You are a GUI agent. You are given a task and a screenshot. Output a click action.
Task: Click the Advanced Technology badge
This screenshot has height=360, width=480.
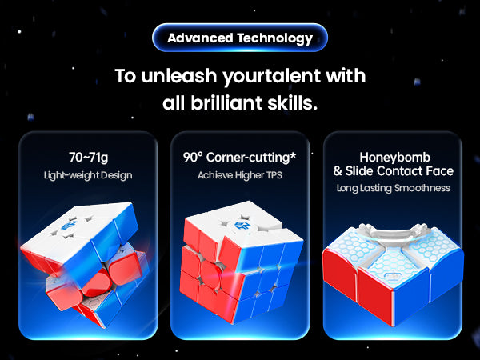pos(240,38)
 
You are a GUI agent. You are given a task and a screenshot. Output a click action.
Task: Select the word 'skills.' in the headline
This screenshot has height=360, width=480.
pos(292,102)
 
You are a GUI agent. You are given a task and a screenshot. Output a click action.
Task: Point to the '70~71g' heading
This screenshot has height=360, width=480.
pos(88,158)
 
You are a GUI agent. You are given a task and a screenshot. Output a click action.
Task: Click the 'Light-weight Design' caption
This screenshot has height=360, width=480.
pos(88,175)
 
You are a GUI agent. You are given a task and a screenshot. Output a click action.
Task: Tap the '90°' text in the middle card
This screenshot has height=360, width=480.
pos(193,158)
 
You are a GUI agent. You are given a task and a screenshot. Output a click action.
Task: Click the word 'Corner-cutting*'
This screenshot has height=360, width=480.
pos(251,158)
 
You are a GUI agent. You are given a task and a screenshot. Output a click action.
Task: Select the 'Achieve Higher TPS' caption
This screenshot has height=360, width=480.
pos(240,175)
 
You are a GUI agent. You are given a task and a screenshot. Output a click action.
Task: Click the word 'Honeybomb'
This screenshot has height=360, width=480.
pos(395,158)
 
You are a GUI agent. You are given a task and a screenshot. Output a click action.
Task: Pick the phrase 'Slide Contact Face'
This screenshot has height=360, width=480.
pos(399,171)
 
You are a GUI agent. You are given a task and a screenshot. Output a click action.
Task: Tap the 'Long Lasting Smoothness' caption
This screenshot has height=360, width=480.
pos(394,188)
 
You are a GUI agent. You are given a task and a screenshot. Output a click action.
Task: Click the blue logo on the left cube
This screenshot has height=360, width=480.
pos(66,226)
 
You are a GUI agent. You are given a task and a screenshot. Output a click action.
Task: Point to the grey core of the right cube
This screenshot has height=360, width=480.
pos(394,238)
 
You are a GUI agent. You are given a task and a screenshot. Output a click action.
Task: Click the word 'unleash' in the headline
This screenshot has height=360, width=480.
pos(178,76)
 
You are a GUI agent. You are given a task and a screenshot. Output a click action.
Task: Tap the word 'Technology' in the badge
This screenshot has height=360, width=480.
pos(274,38)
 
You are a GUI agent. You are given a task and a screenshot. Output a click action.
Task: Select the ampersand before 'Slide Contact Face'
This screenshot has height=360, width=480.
pos(338,171)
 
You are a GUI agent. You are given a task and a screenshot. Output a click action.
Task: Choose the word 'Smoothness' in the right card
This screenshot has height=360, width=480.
pos(422,188)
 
